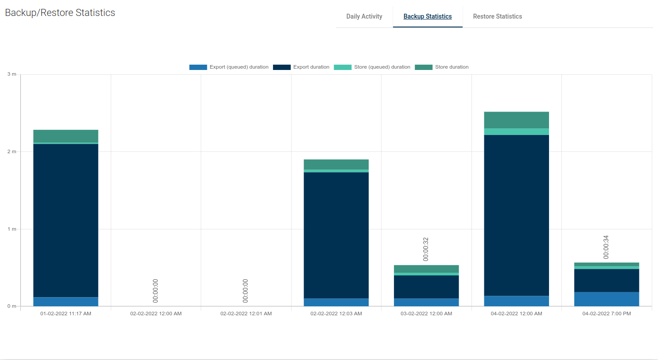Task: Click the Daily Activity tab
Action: (364, 16)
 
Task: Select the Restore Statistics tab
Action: (497, 16)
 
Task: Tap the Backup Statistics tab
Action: (428, 16)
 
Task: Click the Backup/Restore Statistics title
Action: (60, 13)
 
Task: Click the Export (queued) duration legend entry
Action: (229, 67)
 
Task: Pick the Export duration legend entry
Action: (301, 67)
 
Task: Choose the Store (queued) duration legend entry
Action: (372, 67)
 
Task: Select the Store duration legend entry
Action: (442, 67)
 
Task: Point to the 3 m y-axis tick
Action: (12, 74)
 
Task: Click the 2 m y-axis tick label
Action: (12, 152)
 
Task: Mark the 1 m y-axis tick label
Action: (12, 229)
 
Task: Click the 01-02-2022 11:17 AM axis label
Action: (66, 314)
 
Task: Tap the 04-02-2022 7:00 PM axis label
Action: (606, 314)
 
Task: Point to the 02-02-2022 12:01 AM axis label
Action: (246, 314)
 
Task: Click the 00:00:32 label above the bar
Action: (426, 249)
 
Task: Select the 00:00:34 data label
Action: (606, 247)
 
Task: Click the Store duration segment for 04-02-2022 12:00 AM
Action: (516, 120)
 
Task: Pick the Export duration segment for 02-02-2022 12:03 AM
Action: (336, 235)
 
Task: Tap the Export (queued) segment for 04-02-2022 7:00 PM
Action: (606, 299)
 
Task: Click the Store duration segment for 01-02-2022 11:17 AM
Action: (66, 136)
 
